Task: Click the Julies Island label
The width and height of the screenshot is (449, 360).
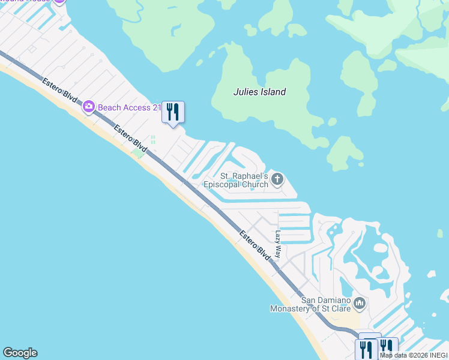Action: tap(259, 92)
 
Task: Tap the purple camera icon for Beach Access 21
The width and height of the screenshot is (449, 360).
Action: tap(89, 107)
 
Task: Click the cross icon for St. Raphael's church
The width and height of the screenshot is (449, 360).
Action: tap(277, 178)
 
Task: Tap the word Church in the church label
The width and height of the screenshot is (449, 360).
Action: tap(256, 185)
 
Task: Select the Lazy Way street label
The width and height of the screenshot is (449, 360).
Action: tap(278, 244)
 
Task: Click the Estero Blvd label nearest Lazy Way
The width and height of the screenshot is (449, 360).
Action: tap(255, 244)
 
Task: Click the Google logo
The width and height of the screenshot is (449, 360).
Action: tap(20, 353)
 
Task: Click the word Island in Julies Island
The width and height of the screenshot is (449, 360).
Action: tap(273, 92)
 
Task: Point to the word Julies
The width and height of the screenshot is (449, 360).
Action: tap(246, 92)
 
